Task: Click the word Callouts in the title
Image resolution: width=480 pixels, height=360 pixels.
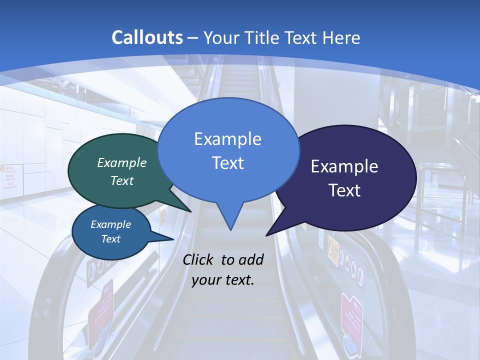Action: click(147, 37)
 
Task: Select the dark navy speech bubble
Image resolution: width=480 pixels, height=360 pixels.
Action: click(350, 177)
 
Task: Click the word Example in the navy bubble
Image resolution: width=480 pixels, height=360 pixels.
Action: click(344, 166)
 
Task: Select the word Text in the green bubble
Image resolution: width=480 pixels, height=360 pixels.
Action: click(122, 181)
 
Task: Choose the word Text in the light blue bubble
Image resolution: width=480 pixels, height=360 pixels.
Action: click(227, 163)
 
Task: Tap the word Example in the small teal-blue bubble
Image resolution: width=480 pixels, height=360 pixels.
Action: click(111, 224)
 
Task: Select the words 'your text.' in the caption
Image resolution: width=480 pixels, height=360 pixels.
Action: click(223, 280)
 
